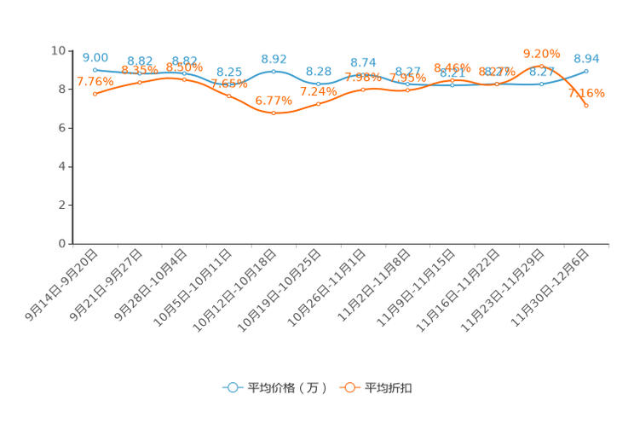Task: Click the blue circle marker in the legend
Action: tap(231, 387)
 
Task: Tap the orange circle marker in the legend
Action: tap(349, 387)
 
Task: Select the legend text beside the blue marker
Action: tap(289, 388)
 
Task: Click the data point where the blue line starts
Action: tap(95, 69)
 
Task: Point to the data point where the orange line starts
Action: tap(95, 93)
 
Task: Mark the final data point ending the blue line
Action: tap(587, 70)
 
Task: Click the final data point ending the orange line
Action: tap(587, 105)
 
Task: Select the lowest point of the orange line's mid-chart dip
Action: tap(274, 113)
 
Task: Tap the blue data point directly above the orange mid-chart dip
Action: tap(274, 71)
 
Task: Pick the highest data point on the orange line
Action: tap(542, 64)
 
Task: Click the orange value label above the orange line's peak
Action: tap(541, 53)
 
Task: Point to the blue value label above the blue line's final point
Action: tap(587, 58)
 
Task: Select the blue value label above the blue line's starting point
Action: tap(95, 57)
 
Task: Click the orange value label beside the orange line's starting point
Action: tap(95, 81)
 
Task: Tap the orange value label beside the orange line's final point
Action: tap(587, 91)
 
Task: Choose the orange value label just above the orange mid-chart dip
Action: tap(274, 101)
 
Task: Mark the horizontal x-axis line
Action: tap(341, 244)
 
